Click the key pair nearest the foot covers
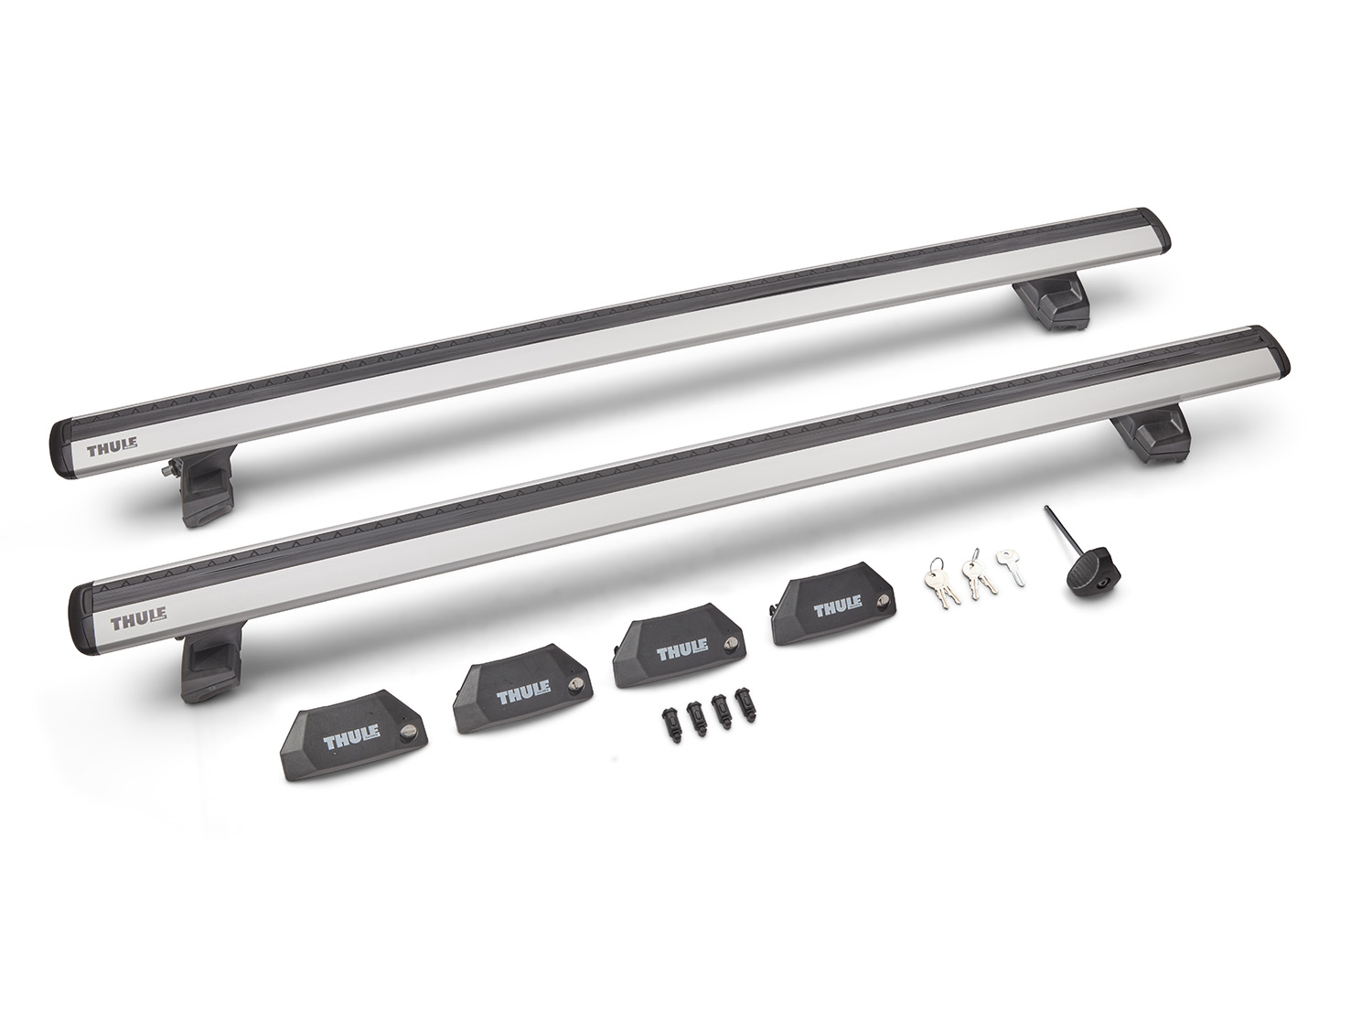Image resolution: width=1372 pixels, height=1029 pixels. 942,589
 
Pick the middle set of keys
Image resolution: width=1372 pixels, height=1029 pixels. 978,577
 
